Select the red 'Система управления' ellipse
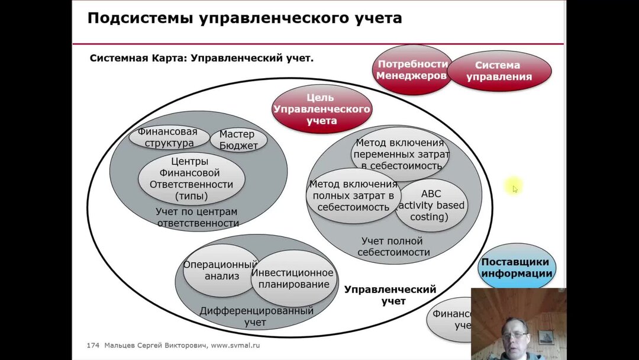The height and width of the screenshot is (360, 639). click(499, 71)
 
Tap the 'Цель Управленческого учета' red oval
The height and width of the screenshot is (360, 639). click(321, 109)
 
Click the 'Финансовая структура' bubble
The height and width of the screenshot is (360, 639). click(169, 137)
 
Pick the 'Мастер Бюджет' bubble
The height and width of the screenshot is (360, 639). click(238, 140)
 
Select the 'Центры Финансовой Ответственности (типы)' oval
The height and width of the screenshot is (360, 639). click(191, 178)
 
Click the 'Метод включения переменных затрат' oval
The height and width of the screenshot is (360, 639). click(401, 154)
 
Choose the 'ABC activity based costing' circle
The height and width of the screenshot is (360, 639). click(431, 205)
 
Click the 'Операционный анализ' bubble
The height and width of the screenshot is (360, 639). click(220, 270)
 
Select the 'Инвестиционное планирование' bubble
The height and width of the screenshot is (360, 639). click(293, 278)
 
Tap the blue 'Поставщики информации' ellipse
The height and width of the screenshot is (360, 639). click(517, 268)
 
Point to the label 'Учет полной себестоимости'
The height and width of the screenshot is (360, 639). click(392, 246)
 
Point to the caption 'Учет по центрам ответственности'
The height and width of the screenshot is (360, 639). click(197, 217)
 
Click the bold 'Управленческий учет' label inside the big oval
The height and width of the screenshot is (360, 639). click(390, 295)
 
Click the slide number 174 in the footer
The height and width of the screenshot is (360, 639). click(93, 345)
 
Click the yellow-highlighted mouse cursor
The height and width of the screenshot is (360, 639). click(514, 188)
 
